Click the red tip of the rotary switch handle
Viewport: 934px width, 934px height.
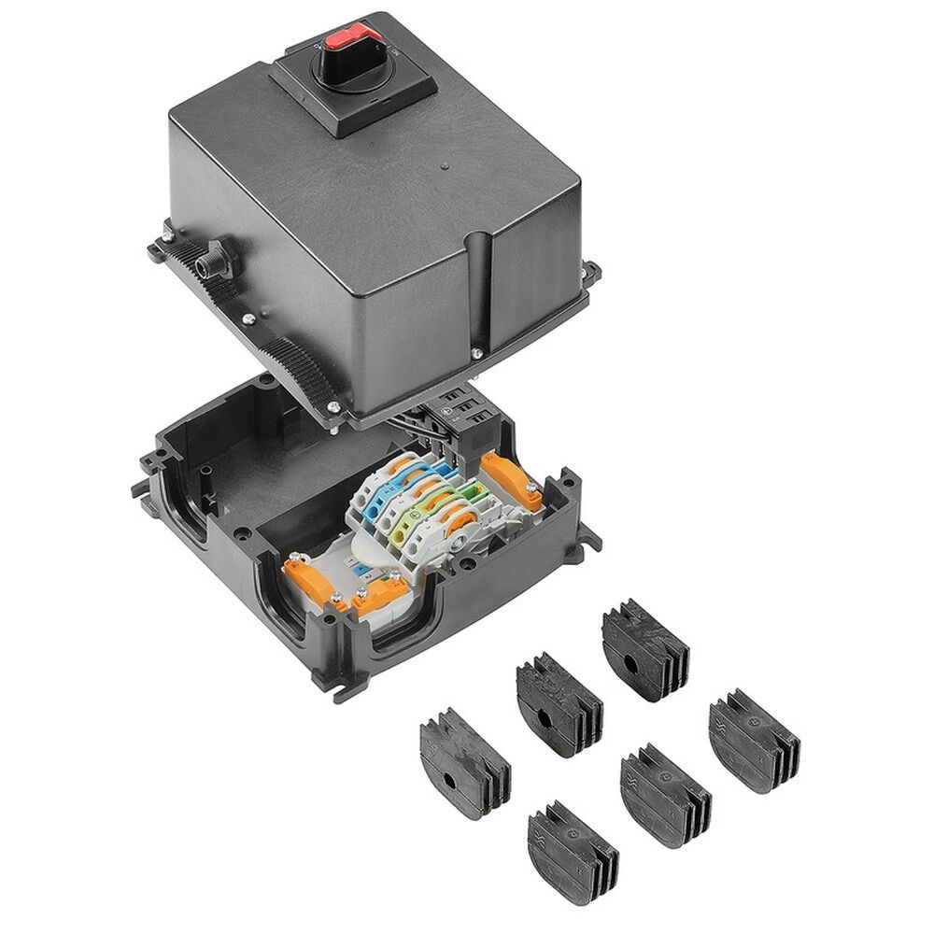pyautogui.click(x=345, y=37)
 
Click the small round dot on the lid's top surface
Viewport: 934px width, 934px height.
pyautogui.click(x=445, y=167)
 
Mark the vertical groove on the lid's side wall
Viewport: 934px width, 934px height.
pyautogui.click(x=482, y=290)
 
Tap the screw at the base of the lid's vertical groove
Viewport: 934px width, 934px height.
pyautogui.click(x=476, y=353)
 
